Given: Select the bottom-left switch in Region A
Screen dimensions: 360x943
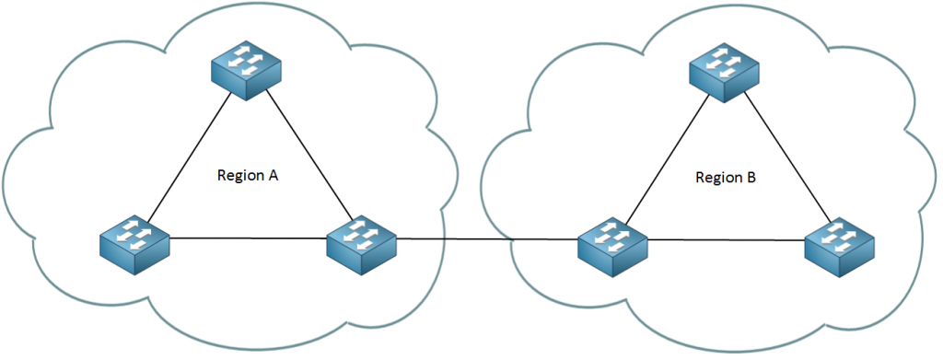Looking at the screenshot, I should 134,241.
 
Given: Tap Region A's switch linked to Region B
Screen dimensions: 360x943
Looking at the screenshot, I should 362,241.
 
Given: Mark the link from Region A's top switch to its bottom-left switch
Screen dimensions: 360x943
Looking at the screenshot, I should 189,158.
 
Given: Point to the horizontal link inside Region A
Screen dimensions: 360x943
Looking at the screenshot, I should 249,239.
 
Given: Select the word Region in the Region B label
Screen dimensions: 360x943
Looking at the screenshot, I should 716,177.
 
